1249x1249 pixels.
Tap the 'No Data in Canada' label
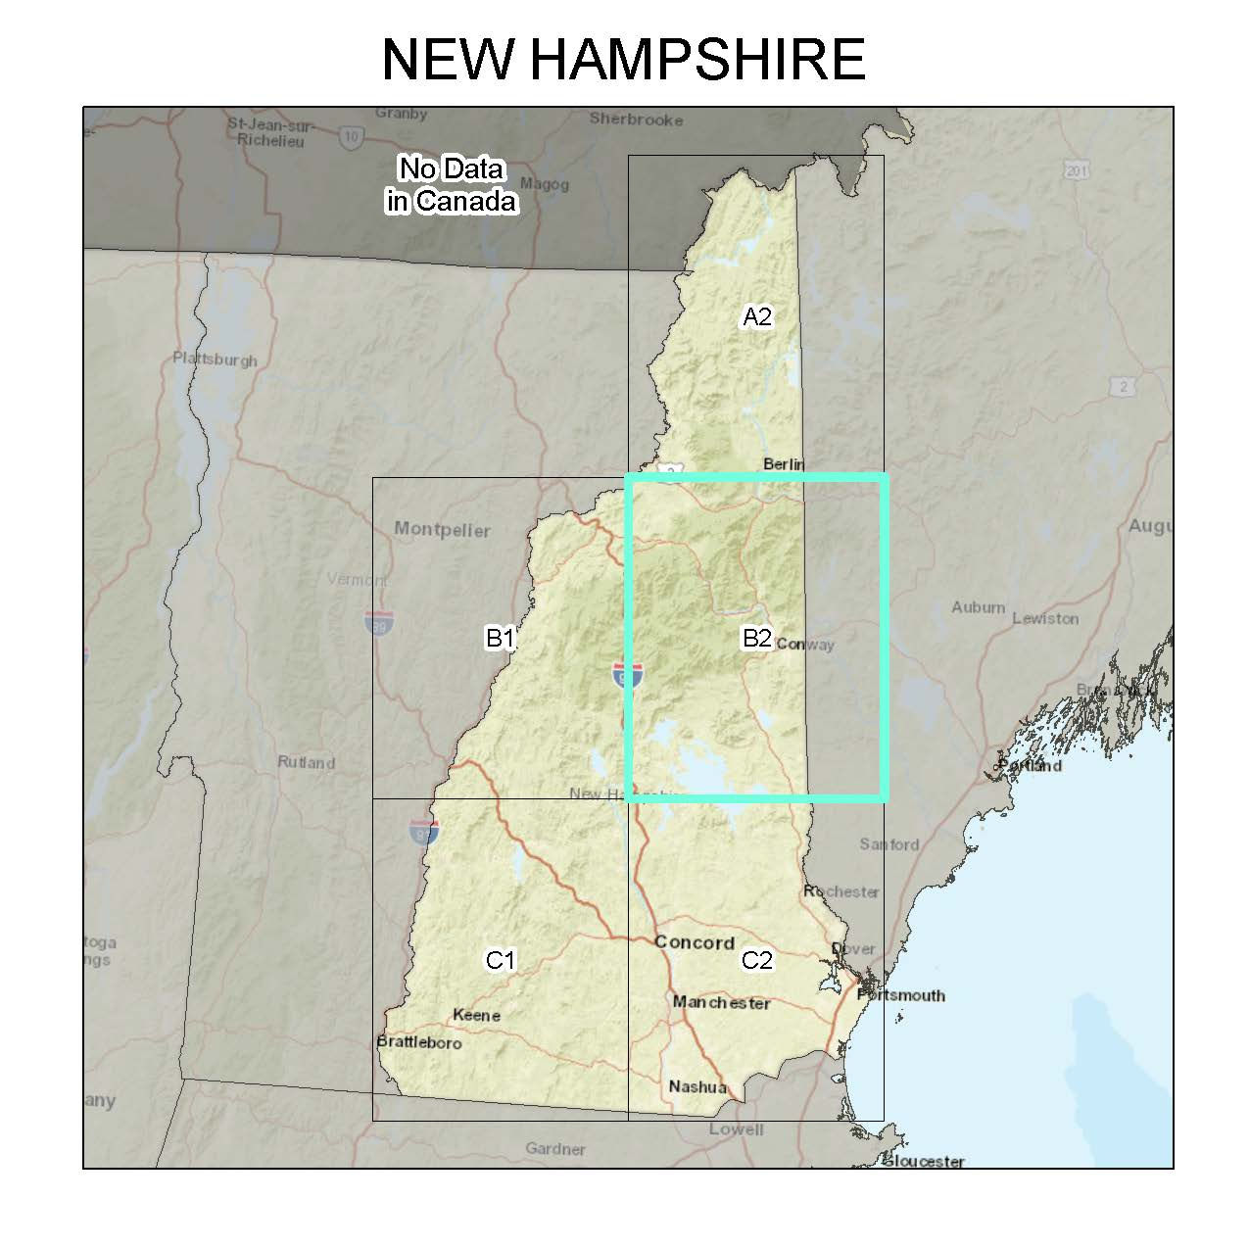(451, 185)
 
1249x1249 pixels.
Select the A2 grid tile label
(757, 316)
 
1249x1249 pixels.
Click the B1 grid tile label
(501, 639)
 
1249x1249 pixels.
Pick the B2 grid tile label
(757, 639)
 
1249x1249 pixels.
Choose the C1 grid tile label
(501, 960)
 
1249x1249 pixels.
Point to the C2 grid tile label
(757, 960)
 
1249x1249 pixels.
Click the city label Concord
(694, 942)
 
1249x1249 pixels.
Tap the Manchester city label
(721, 1003)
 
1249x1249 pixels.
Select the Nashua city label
(697, 1086)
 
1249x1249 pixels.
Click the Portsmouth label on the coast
(901, 995)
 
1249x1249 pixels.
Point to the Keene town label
(476, 1015)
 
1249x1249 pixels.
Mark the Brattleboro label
(419, 1042)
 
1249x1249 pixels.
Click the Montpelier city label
(442, 530)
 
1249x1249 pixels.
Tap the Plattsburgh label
(215, 359)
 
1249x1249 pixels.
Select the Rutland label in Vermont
(306, 762)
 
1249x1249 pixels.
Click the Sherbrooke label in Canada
(636, 120)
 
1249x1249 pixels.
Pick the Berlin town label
(783, 463)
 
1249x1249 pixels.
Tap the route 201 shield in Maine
(1077, 170)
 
